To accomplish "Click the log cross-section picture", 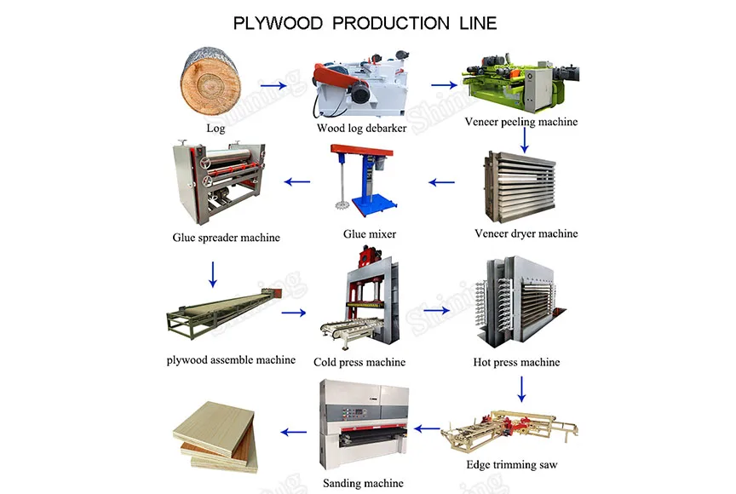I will click(210, 84).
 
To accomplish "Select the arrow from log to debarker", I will click(273, 85).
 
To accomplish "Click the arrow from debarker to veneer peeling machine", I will click(443, 85).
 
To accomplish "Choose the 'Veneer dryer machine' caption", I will click(526, 233).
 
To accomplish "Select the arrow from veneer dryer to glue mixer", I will click(442, 181).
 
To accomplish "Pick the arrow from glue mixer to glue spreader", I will click(296, 181).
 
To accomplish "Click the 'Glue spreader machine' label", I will click(226, 238).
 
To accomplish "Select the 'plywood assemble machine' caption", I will click(231, 360).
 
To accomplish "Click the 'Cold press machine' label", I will click(359, 362).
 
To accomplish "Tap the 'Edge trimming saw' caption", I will click(513, 465).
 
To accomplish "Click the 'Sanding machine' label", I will click(363, 484).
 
